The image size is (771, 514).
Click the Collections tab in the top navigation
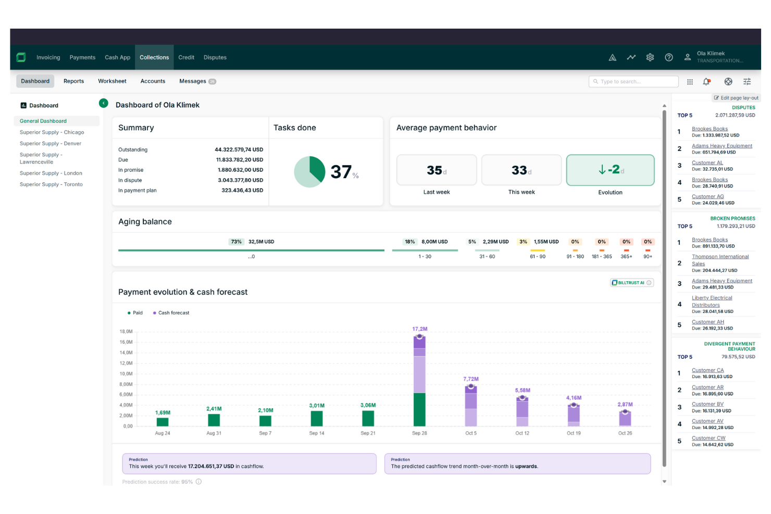click(154, 57)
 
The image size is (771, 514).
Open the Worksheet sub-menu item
click(112, 81)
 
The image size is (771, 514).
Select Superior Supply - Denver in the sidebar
click(51, 143)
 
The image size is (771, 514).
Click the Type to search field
click(635, 82)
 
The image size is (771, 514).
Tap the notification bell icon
click(706, 82)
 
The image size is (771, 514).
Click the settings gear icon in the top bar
click(650, 57)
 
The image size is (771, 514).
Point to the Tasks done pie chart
click(309, 172)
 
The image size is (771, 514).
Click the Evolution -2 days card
click(610, 170)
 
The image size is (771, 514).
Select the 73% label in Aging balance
click(236, 242)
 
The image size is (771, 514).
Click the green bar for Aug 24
click(163, 422)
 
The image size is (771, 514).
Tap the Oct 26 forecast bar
click(625, 419)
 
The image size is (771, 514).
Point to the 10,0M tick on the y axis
click(126, 374)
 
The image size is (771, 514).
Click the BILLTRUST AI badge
click(631, 283)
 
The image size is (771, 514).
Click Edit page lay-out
click(736, 98)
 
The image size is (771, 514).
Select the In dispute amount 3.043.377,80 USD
click(240, 180)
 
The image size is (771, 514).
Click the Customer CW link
click(708, 438)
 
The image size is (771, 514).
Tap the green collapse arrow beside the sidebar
click(104, 103)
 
